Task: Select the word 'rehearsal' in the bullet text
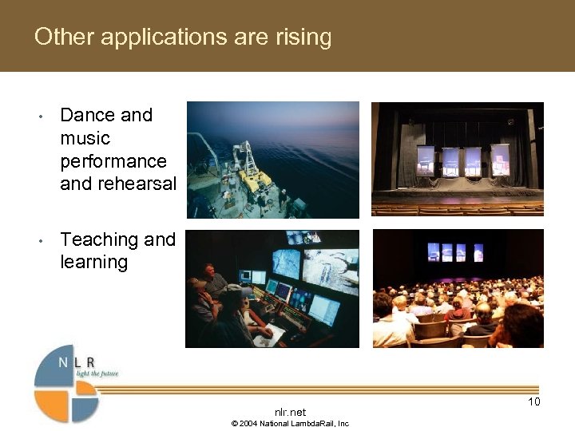pos(137,184)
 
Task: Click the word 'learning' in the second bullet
pos(93,262)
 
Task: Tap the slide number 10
pos(534,401)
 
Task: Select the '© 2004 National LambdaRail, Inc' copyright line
pos(290,423)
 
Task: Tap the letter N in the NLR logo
pos(63,362)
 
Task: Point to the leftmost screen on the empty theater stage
pos(426,159)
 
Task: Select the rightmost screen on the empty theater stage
pos(500,159)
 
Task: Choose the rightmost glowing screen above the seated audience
pos(478,252)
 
